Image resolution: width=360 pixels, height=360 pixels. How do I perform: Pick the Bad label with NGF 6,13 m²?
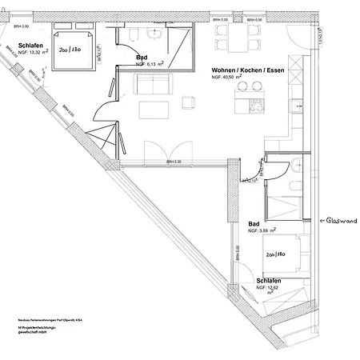[141, 58]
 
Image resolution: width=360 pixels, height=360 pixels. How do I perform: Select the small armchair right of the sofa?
[189, 102]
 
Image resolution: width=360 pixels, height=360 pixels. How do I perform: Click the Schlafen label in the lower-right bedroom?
[268, 282]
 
